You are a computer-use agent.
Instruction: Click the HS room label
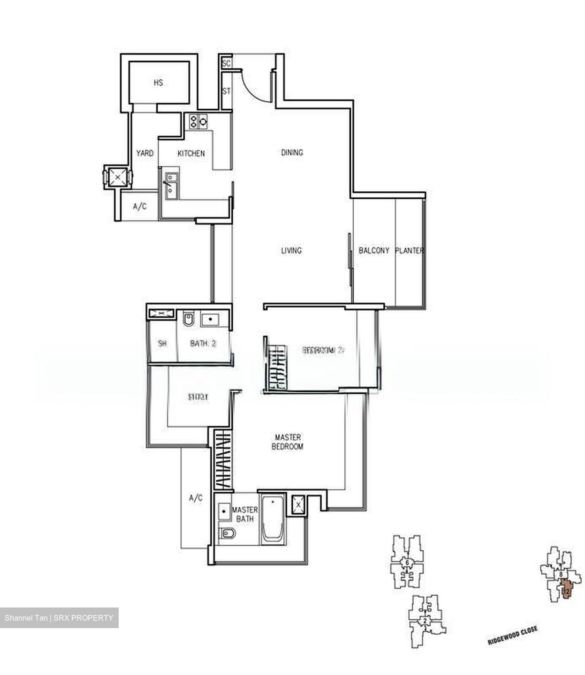click(158, 83)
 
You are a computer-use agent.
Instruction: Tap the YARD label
click(144, 153)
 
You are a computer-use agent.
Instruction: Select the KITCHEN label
click(191, 153)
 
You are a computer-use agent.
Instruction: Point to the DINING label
click(292, 152)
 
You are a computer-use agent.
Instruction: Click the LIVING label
click(291, 251)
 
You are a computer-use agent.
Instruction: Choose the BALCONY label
click(374, 251)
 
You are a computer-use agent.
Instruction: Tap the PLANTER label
click(410, 251)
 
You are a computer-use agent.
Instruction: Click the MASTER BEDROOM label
click(288, 442)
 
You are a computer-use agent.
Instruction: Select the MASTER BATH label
click(245, 514)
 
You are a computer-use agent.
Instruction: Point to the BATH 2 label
click(203, 344)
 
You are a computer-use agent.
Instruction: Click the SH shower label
click(162, 344)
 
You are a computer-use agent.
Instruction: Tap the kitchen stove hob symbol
click(198, 122)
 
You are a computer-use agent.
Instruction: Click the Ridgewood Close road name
click(512, 636)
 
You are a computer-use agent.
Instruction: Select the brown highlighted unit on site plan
click(566, 589)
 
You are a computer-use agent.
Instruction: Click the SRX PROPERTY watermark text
click(59, 618)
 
